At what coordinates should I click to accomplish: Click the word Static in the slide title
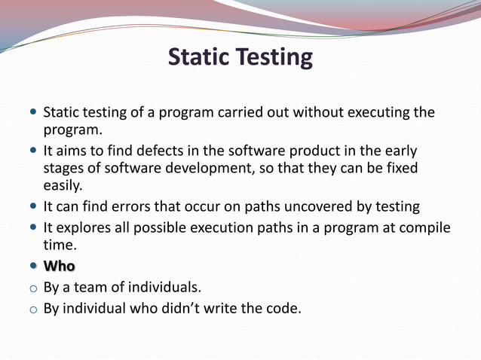pyautogui.click(x=198, y=57)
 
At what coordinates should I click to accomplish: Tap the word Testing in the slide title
pyautogui.click(x=273, y=58)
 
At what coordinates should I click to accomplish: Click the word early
pyautogui.click(x=400, y=151)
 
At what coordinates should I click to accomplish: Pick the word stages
pyautogui.click(x=63, y=167)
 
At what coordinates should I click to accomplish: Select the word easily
pyautogui.click(x=63, y=184)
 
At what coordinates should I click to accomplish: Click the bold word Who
pyautogui.click(x=59, y=266)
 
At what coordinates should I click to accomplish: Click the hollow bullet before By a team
pyautogui.click(x=33, y=288)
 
